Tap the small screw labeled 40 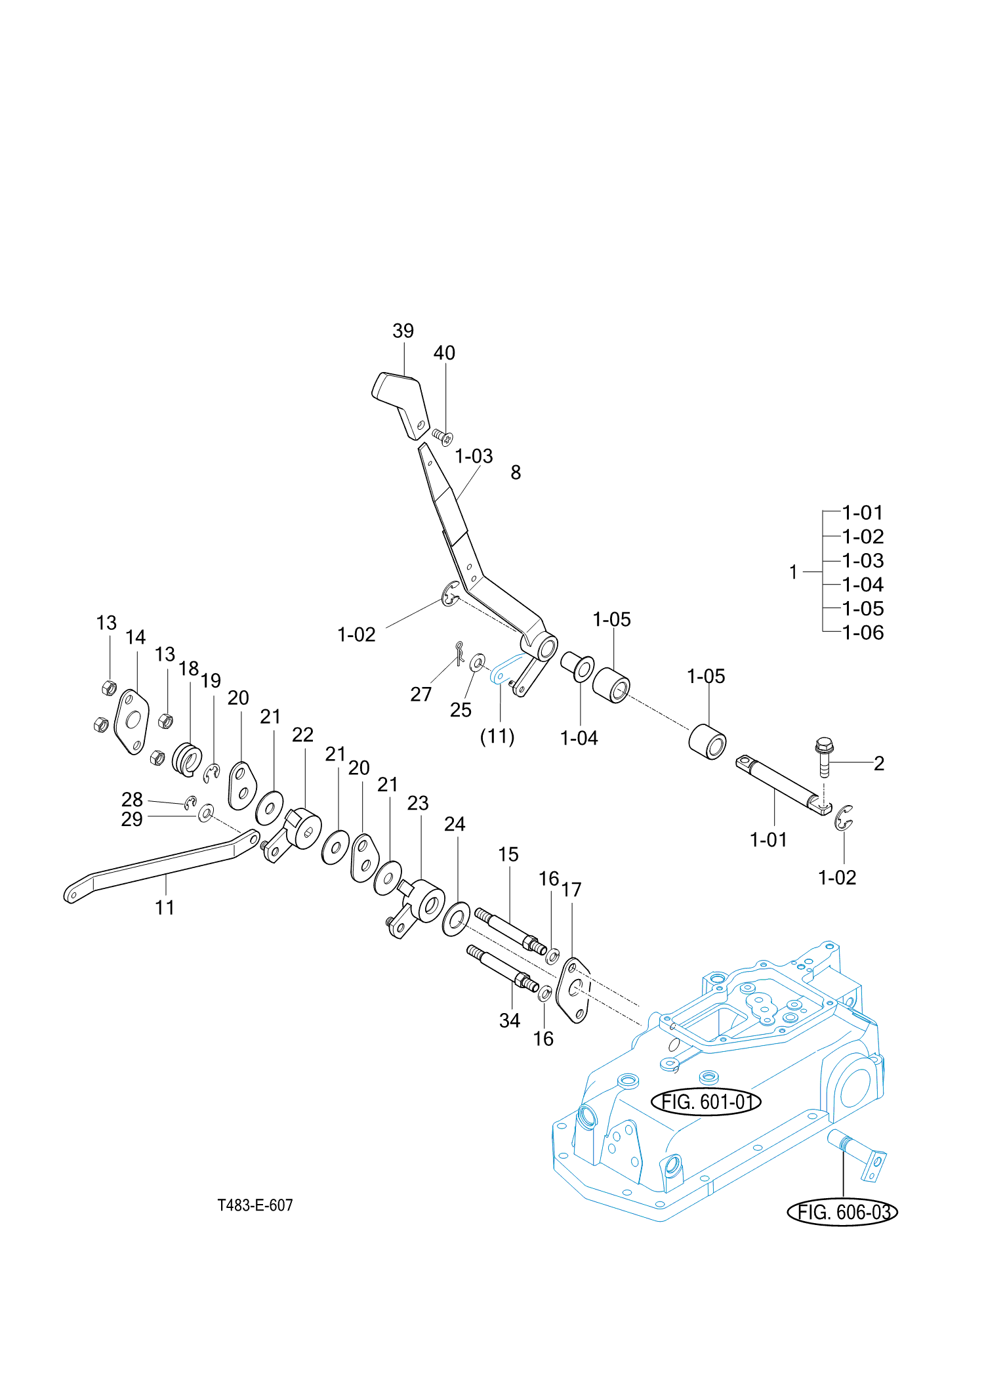[x=443, y=436]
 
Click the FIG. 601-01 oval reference [x=706, y=1102]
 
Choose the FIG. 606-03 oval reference [x=842, y=1212]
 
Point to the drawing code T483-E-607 [x=255, y=1205]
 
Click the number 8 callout [x=516, y=472]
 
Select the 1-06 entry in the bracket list [x=863, y=633]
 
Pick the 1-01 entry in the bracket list [x=863, y=512]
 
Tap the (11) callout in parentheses [x=497, y=736]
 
